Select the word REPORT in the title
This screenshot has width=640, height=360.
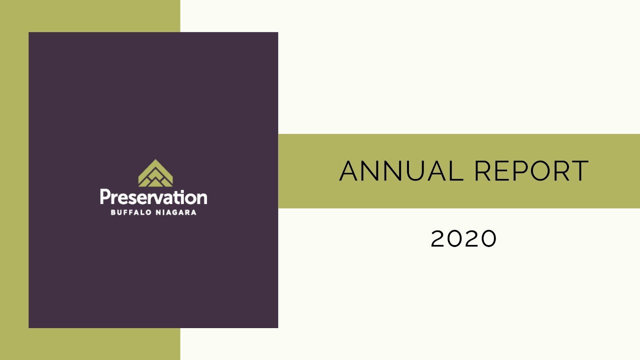click(531, 171)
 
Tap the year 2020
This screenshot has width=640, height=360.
click(463, 238)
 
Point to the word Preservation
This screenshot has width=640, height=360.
click(153, 197)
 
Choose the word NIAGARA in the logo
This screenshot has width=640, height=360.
click(175, 212)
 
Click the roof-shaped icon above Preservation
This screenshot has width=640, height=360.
click(155, 173)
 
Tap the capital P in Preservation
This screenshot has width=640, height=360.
click(104, 196)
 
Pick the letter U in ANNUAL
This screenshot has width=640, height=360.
click(426, 171)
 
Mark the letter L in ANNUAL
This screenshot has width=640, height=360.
click(457, 171)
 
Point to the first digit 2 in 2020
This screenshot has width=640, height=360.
click(438, 238)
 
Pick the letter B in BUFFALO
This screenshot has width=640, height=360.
click(112, 212)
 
